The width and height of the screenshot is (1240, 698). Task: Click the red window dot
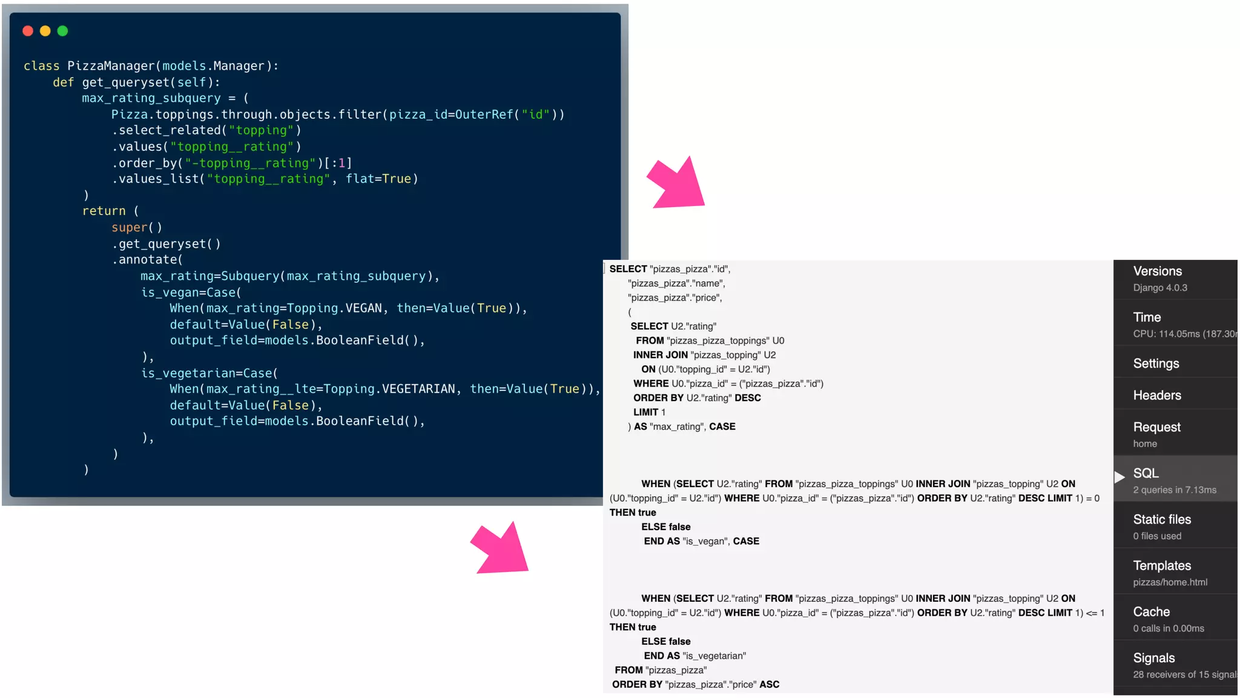[x=28, y=31]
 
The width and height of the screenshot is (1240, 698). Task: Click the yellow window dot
[x=45, y=31]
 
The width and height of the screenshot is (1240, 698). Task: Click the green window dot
[x=63, y=31]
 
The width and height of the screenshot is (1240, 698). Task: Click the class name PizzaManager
[x=111, y=66]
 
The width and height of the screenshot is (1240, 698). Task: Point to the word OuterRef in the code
[x=484, y=115]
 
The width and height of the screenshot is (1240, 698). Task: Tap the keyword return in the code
[x=104, y=211]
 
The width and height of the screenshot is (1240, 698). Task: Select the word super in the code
[x=129, y=228]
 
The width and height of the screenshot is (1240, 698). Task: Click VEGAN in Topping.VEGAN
[x=363, y=308]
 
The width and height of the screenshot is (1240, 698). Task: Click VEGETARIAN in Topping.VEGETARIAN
[x=418, y=389]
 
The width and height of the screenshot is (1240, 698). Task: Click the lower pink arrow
[x=503, y=549]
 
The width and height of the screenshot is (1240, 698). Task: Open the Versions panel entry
[x=1157, y=271]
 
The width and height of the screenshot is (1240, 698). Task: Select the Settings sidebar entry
[x=1156, y=364]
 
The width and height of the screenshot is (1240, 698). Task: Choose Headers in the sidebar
[x=1156, y=396]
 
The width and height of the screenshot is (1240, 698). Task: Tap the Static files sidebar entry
[x=1161, y=520]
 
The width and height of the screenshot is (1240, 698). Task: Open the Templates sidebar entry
[x=1161, y=566]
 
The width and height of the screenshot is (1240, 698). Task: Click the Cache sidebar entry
[x=1151, y=612]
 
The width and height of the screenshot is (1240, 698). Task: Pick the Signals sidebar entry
[x=1153, y=658]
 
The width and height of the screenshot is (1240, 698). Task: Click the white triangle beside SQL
[x=1120, y=477]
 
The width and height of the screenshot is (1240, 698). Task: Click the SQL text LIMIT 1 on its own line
[x=649, y=413]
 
